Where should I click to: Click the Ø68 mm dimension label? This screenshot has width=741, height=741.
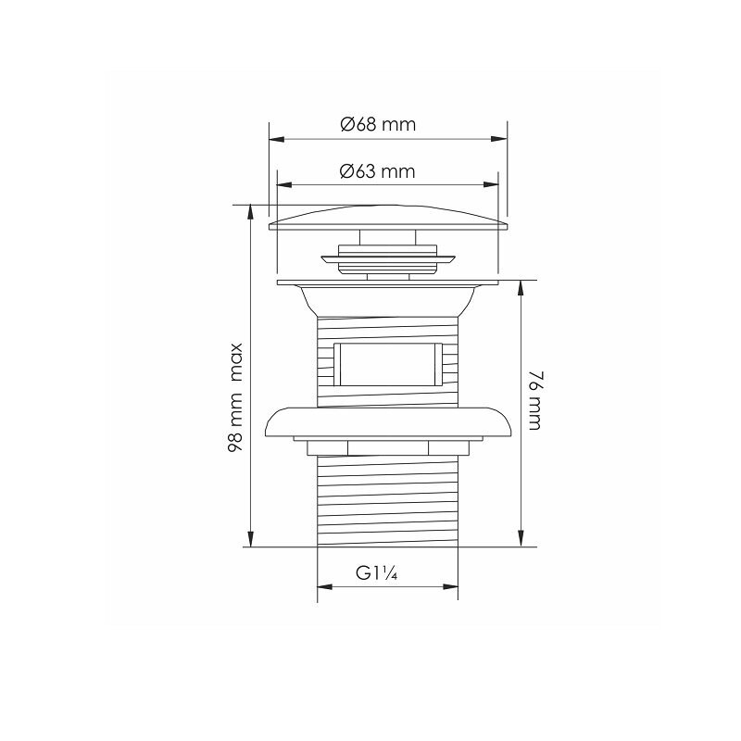tap(378, 125)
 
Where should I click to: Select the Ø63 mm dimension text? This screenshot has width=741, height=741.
tap(378, 170)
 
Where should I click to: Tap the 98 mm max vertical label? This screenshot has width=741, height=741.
tap(235, 397)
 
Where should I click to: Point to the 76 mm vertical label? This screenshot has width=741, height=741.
tap(534, 401)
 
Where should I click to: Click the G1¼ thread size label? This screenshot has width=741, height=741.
tap(377, 573)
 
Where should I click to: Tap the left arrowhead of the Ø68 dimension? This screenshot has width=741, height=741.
tap(276, 140)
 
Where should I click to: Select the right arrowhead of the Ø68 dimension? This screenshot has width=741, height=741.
tap(499, 140)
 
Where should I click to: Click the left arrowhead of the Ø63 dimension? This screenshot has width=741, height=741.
tap(284, 184)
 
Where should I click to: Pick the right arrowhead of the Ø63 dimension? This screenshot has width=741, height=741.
tap(491, 184)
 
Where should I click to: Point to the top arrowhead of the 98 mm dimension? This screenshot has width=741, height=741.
tap(250, 212)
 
